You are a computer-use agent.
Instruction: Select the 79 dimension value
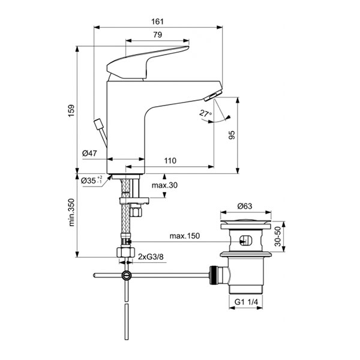pyautogui.click(x=158, y=35)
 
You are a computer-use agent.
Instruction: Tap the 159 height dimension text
pyautogui.click(x=71, y=111)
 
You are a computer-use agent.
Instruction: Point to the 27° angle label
pyautogui.click(x=205, y=113)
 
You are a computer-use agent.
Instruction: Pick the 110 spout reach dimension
pyautogui.click(x=170, y=161)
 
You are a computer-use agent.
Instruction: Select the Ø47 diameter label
pyautogui.click(x=89, y=154)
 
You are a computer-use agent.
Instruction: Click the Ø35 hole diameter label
pyautogui.click(x=91, y=179)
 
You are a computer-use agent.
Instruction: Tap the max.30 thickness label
pyautogui.click(x=164, y=185)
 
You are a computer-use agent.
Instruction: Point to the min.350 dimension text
pyautogui.click(x=71, y=212)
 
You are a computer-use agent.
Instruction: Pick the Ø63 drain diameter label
pyautogui.click(x=244, y=206)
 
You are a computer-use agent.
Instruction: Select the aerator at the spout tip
pyautogui.click(x=213, y=97)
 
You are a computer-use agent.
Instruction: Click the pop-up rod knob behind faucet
pyautogui.click(x=98, y=127)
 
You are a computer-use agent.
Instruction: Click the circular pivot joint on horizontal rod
pyautogui.click(x=126, y=276)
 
